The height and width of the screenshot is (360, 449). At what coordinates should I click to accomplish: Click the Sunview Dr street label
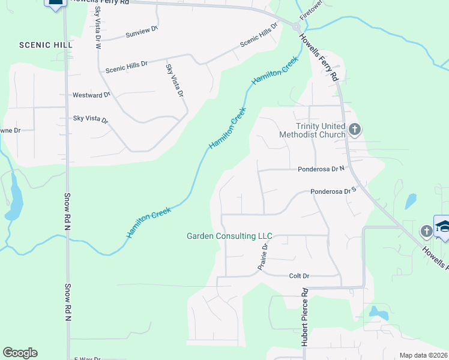(x=142, y=31)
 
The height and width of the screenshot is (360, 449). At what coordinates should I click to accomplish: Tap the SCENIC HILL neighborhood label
(x=46, y=45)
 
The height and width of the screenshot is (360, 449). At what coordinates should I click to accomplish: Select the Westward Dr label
(x=91, y=95)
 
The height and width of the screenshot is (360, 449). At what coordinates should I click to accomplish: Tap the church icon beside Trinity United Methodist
(x=355, y=129)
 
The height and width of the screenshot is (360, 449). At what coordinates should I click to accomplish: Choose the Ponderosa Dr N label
(x=323, y=170)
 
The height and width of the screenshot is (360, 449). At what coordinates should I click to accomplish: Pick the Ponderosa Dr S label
(x=334, y=192)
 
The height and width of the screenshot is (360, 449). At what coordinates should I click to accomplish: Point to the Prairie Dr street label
(x=264, y=257)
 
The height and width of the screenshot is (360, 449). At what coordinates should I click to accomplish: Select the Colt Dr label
(x=298, y=276)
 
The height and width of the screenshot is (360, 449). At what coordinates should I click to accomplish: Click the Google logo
(x=20, y=353)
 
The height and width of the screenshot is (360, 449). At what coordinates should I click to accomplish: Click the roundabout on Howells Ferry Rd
(x=296, y=26)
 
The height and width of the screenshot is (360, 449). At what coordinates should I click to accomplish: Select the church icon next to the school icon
(x=426, y=230)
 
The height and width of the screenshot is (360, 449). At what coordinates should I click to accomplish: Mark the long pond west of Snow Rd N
(x=14, y=197)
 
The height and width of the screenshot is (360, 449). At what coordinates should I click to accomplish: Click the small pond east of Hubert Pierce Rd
(x=378, y=313)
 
